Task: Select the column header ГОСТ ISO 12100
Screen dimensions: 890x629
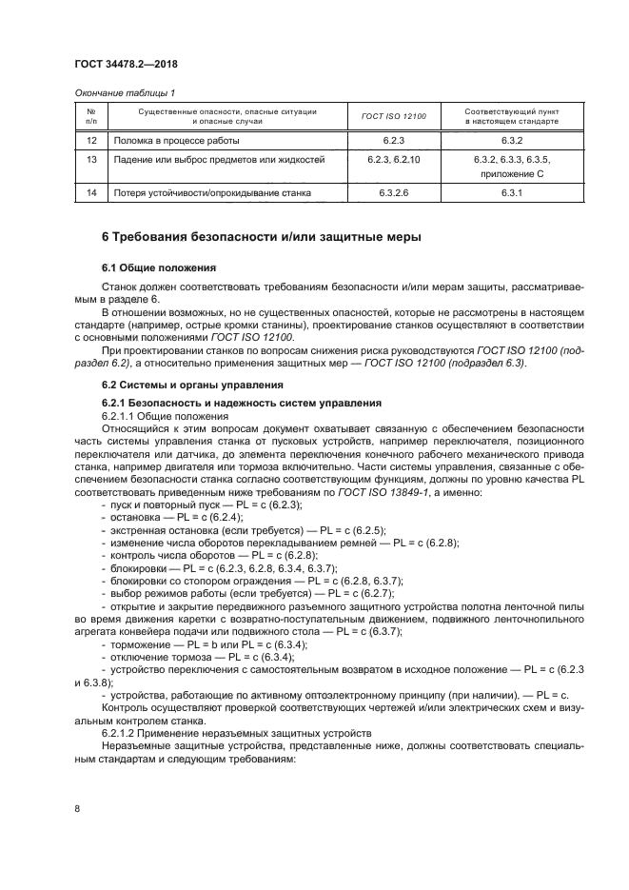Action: click(x=394, y=117)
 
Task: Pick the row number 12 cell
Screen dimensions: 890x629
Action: click(x=90, y=140)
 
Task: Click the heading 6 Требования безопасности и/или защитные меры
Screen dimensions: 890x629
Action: click(x=261, y=236)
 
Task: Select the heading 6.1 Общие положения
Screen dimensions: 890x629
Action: click(x=159, y=267)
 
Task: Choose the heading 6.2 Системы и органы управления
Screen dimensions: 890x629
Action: click(x=192, y=385)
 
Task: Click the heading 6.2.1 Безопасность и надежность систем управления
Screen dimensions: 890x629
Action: click(x=242, y=404)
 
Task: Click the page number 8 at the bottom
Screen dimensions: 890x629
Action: click(x=77, y=808)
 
